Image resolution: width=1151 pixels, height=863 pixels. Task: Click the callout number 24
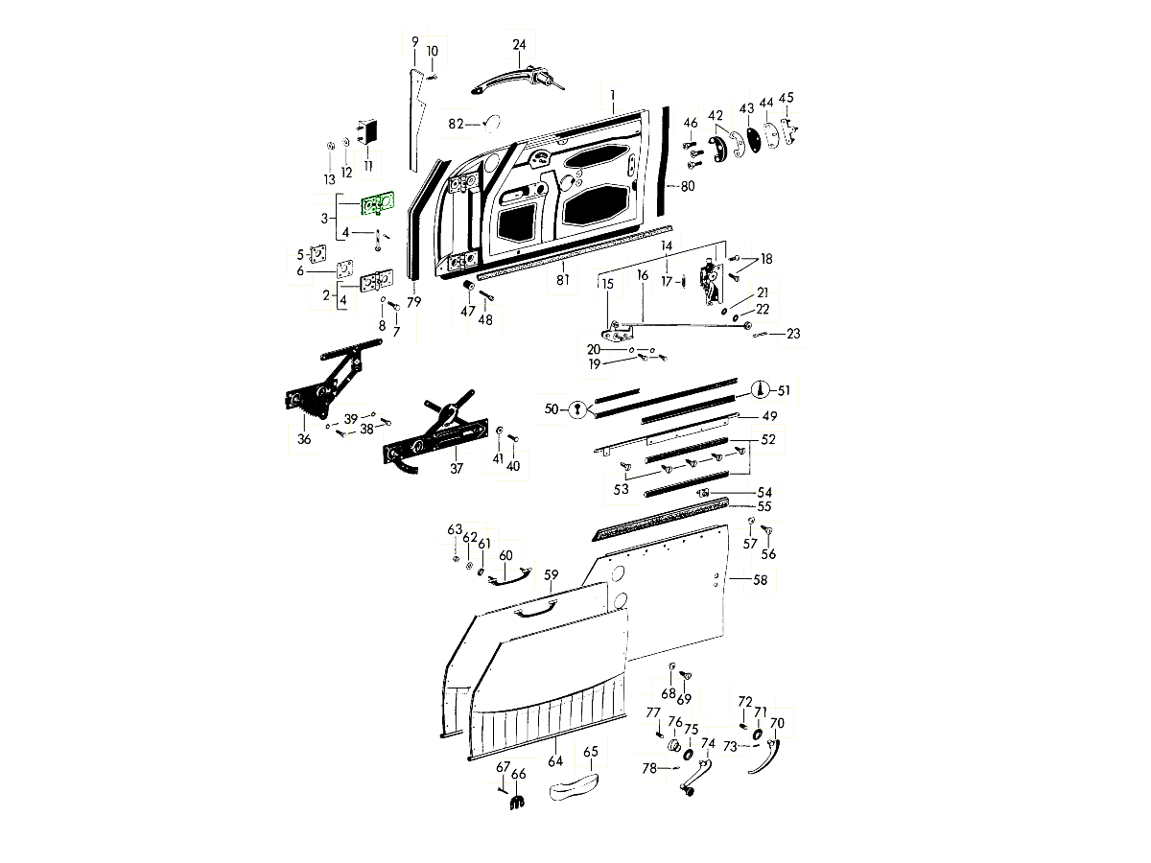pos(519,45)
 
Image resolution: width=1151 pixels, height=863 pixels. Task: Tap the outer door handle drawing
pos(514,81)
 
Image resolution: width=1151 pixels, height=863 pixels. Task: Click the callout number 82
pos(456,124)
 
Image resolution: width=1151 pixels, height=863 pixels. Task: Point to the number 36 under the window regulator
pos(304,439)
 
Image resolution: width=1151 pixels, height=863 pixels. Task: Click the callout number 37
pos(457,468)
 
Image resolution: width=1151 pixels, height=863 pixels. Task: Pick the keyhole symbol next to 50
pos(576,409)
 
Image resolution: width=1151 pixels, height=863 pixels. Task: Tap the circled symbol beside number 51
pos(761,388)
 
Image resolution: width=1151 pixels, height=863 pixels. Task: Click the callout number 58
pos(761,580)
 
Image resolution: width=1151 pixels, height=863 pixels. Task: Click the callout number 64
pos(554,762)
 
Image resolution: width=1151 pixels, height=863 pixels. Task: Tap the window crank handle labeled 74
pos(697,777)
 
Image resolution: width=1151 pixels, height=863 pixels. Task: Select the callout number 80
pos(687,186)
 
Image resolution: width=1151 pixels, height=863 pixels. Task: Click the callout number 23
pos(792,334)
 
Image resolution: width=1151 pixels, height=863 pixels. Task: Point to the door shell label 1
pos(610,95)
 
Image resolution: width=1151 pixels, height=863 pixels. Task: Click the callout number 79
pos(413,302)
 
